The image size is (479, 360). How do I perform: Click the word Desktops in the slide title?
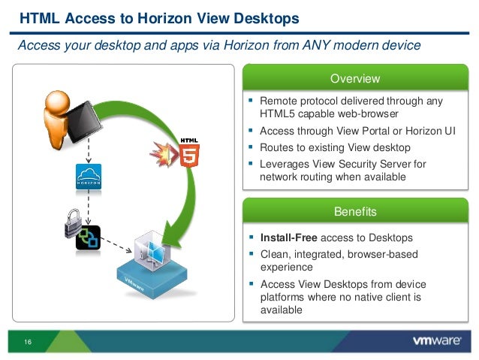pyautogui.click(x=263, y=17)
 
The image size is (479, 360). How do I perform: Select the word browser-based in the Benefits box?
pyautogui.click(x=389, y=254)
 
